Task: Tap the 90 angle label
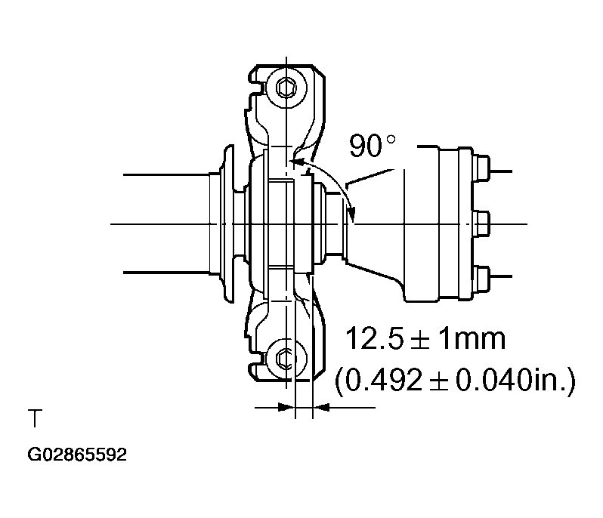366,146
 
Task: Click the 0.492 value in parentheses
382,380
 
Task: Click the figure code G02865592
77,456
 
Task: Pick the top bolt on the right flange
481,165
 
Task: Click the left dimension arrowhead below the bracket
285,408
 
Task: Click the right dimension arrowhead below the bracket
320,408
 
